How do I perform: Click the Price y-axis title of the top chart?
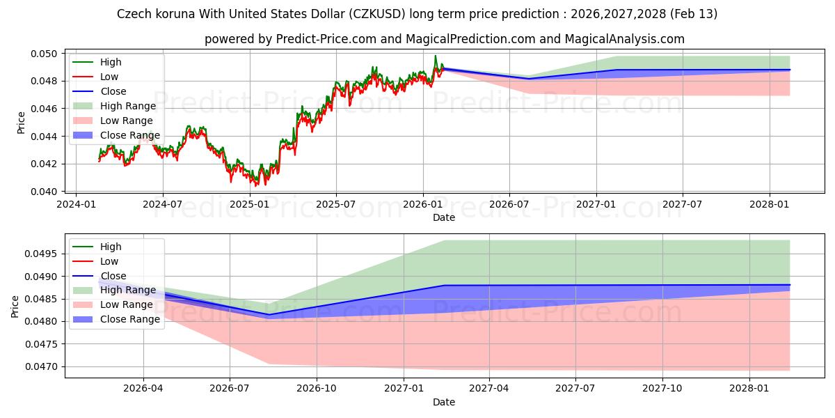(x=20, y=123)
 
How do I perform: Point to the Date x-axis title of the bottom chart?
(x=443, y=402)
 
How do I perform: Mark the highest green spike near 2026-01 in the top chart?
(x=436, y=56)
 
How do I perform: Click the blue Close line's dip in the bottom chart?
(x=268, y=314)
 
